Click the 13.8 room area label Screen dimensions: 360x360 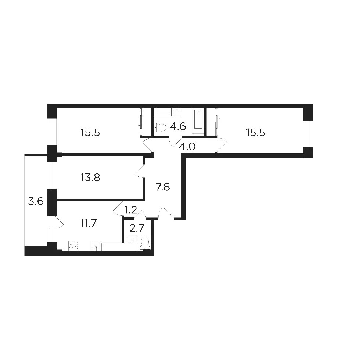point(90,177)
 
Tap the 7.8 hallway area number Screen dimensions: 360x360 point(163,187)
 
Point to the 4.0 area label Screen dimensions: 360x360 point(187,147)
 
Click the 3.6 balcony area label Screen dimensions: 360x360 point(36,201)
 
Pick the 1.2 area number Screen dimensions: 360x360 point(130,210)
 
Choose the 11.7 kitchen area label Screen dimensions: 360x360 point(89,223)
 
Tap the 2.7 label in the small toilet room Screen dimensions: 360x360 point(137,228)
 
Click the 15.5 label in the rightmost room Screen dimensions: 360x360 point(256,133)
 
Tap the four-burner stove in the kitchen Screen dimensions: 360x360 point(74,245)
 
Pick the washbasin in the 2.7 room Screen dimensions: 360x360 point(133,239)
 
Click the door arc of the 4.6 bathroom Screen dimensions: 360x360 point(173,143)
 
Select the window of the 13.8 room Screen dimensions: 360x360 point(49,176)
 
